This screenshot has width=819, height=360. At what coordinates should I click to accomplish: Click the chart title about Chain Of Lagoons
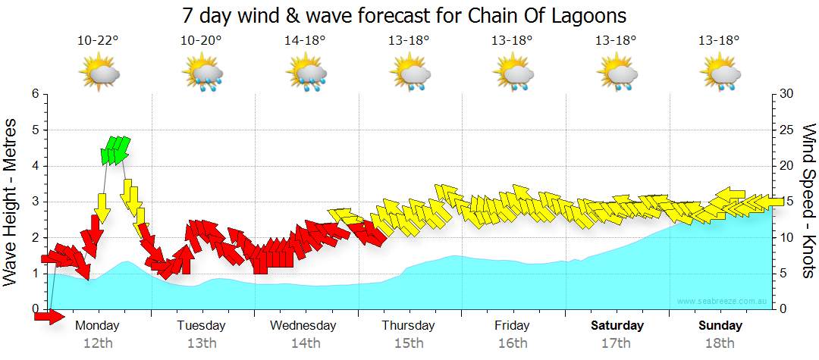click(x=405, y=14)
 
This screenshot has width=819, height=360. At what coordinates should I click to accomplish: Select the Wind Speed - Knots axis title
click(x=808, y=201)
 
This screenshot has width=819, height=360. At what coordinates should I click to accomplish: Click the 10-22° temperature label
click(x=99, y=40)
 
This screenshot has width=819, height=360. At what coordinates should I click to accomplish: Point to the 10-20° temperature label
click(x=202, y=40)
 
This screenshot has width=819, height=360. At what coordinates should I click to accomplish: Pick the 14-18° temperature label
click(x=305, y=40)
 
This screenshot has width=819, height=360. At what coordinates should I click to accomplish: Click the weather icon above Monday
click(x=99, y=74)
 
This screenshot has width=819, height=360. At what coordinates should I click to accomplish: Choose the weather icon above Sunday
click(x=719, y=74)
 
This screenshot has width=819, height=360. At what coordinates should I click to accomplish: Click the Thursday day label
click(x=408, y=326)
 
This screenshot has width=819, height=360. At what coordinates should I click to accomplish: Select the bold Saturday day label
click(x=617, y=326)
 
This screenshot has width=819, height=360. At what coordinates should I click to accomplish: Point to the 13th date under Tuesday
click(x=202, y=343)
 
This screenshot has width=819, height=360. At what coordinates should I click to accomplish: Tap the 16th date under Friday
click(x=513, y=343)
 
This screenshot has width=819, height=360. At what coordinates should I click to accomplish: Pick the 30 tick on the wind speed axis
click(x=787, y=94)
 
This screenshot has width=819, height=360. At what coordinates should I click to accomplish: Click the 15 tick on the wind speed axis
click(x=787, y=202)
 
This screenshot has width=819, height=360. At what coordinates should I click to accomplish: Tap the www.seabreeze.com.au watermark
click(x=723, y=302)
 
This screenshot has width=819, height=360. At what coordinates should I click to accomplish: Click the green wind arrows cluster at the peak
click(x=115, y=150)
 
